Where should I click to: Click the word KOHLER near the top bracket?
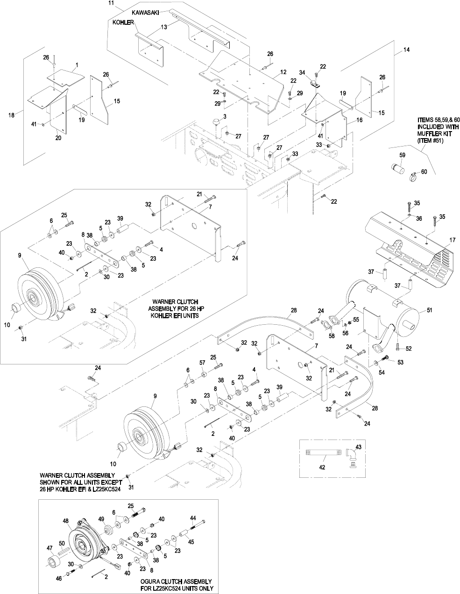coord(123,22)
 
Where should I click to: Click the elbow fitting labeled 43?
coord(352,455)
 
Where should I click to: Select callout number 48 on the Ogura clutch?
coord(65,521)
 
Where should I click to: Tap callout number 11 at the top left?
coord(111,3)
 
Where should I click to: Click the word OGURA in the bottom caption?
coord(152,582)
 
